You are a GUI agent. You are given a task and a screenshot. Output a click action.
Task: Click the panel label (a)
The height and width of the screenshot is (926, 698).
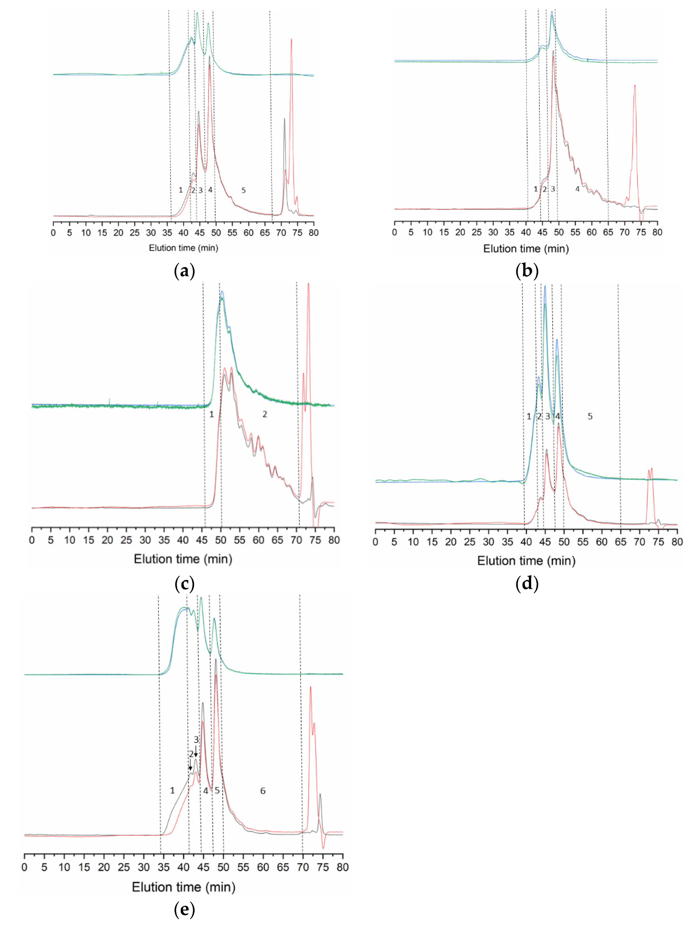click(x=184, y=271)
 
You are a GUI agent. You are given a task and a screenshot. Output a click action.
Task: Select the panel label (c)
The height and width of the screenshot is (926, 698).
click(x=184, y=583)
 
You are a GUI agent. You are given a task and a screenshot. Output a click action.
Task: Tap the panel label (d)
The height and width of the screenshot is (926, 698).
click(x=527, y=583)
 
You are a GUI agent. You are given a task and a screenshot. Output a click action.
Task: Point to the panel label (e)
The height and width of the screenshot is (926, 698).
click(x=184, y=909)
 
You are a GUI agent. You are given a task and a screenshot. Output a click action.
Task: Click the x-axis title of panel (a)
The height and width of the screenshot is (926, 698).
click(x=184, y=248)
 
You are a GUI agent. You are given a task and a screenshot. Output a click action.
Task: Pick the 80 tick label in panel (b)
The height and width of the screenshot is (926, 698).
click(x=657, y=232)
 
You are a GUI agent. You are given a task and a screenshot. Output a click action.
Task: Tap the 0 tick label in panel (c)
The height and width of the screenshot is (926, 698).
click(x=32, y=540)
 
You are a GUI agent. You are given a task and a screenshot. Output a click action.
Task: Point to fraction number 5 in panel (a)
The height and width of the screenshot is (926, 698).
click(x=243, y=190)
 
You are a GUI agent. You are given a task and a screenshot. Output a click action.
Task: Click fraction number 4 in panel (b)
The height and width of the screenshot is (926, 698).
click(x=577, y=189)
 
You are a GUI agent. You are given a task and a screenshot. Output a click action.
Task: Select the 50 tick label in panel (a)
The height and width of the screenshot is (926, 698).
click(x=216, y=233)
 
